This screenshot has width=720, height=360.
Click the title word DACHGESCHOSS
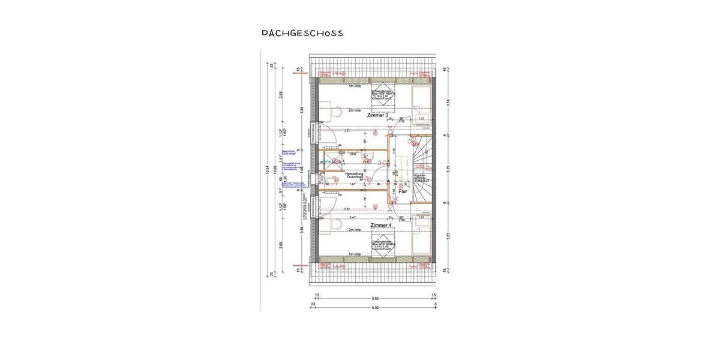302,33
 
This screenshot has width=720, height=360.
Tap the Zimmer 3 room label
378,115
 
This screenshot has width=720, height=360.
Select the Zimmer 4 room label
381,225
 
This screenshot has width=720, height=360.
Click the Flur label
403,192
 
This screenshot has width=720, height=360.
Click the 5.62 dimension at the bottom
375,298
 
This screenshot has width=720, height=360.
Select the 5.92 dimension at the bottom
375,308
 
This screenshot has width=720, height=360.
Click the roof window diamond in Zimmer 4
382,246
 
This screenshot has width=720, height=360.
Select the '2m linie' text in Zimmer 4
354,230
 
